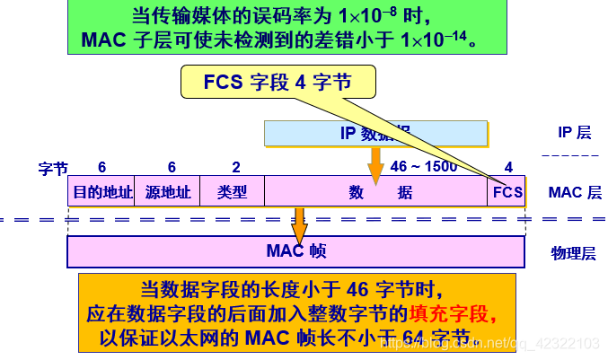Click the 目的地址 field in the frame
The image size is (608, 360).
[101, 191]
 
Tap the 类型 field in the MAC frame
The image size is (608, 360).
[232, 191]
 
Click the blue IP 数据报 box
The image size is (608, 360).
[376, 133]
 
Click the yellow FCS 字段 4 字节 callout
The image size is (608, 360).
[276, 83]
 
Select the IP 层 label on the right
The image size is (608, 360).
[574, 133]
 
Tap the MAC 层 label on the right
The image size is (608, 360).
[574, 191]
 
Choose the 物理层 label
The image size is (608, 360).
[573, 253]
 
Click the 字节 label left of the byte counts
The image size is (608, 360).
[52, 168]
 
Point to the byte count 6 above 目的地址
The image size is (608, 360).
[101, 168]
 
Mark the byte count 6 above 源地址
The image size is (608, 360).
[172, 168]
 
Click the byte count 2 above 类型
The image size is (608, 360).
[235, 168]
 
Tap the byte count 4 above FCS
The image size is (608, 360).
[508, 168]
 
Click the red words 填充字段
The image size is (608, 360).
[450, 314]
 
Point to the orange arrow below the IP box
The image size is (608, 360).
[375, 166]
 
